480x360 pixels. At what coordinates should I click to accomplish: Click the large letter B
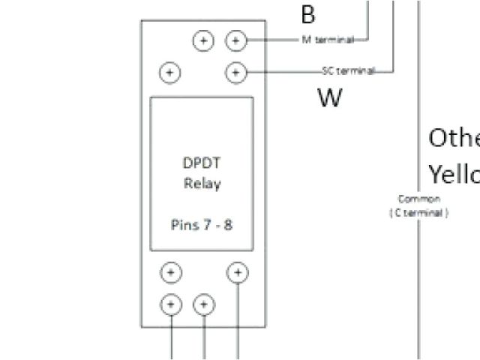point(307,13)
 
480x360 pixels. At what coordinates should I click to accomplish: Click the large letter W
point(330,97)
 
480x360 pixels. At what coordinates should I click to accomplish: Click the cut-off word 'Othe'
point(453,138)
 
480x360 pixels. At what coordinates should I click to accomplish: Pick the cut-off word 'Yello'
point(453,174)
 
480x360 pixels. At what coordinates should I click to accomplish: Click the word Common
point(418,199)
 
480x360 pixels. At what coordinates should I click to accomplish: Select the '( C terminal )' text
point(418,212)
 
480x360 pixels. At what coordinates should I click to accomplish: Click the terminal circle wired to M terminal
point(235,40)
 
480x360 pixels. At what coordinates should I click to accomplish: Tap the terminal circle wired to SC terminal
point(235,72)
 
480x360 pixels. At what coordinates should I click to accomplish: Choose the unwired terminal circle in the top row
point(203,40)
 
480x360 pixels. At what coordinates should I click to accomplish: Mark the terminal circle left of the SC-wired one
point(171,72)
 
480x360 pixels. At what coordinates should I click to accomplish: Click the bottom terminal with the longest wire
point(238,272)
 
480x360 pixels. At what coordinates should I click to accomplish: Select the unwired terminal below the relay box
point(171,272)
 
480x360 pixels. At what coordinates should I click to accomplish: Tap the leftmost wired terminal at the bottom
point(171,304)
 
